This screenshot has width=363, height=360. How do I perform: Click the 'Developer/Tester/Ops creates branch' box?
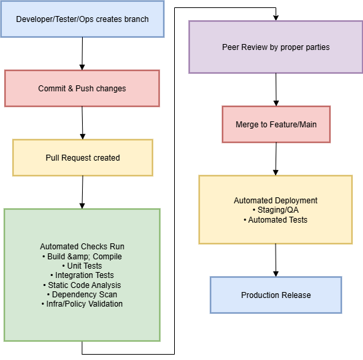pyautogui.click(x=83, y=19)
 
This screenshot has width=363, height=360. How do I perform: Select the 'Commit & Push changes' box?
pyautogui.click(x=82, y=89)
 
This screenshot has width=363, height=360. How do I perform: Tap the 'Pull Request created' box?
pyautogui.click(x=83, y=158)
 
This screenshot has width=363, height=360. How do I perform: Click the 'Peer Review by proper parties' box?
pyautogui.click(x=276, y=47)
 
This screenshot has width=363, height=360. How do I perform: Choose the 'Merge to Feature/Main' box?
pyautogui.click(x=276, y=125)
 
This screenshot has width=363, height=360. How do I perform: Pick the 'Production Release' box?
pyautogui.click(x=276, y=295)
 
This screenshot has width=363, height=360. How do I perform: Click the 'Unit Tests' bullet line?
pyautogui.click(x=82, y=266)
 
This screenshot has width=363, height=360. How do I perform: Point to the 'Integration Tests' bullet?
pyautogui.click(x=82, y=275)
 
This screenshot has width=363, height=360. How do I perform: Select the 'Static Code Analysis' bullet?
pyautogui.click(x=82, y=285)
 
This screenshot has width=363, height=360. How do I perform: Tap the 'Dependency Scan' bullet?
pyautogui.click(x=82, y=295)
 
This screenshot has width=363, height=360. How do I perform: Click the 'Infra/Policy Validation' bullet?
pyautogui.click(x=82, y=304)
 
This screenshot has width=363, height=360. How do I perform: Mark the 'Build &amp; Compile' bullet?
pyautogui.click(x=82, y=257)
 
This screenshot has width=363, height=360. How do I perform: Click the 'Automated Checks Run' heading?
pyautogui.click(x=82, y=247)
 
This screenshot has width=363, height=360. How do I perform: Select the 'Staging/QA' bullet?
pyautogui.click(x=276, y=210)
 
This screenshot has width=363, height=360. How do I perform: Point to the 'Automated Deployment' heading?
pyautogui.click(x=276, y=201)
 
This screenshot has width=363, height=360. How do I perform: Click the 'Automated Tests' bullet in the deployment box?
pyautogui.click(x=276, y=220)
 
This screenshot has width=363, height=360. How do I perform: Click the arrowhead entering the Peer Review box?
pyautogui.click(x=276, y=18)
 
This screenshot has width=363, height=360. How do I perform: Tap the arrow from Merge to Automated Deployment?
pyautogui.click(x=276, y=159)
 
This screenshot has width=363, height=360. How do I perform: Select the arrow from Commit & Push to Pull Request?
pyautogui.click(x=83, y=123)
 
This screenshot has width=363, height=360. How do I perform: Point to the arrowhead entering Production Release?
pyautogui.click(x=276, y=274)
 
